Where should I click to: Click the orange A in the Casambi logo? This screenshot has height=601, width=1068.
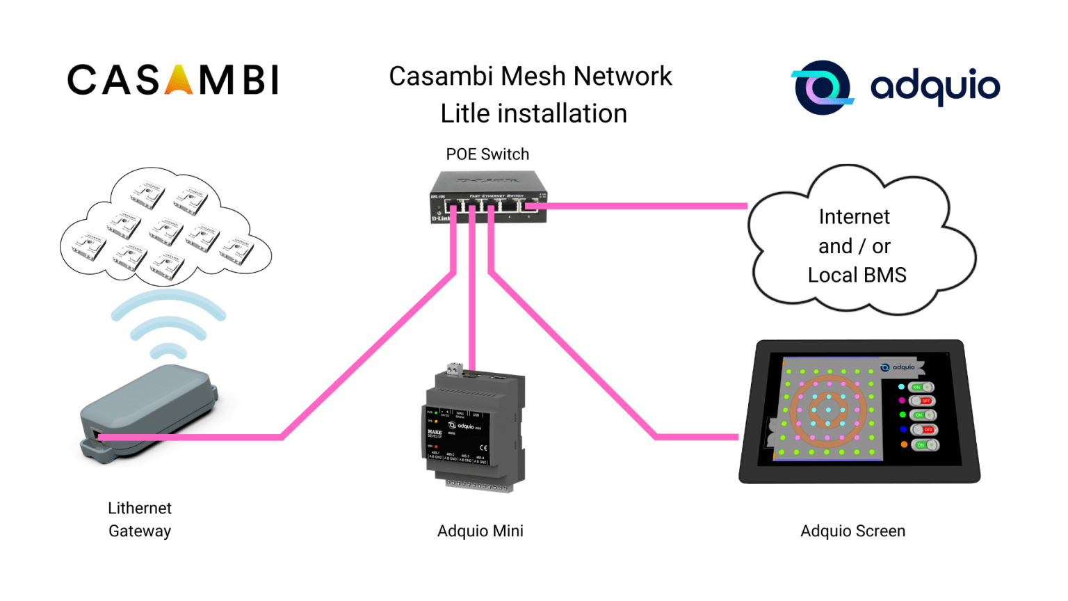click(x=179, y=80)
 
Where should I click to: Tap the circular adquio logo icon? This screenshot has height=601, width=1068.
click(x=822, y=88)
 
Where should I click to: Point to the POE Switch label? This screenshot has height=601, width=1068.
click(x=487, y=154)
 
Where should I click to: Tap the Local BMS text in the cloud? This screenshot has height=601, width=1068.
click(x=857, y=275)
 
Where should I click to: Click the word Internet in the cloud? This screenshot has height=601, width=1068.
click(x=854, y=217)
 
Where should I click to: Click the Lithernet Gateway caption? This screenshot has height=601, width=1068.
click(x=140, y=520)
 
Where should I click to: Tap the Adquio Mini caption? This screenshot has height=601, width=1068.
click(x=480, y=531)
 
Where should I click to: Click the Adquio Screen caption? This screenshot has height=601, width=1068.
click(x=852, y=531)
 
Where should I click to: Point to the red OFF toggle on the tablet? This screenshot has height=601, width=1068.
click(x=923, y=401)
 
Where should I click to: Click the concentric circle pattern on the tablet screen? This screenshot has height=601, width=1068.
click(x=827, y=410)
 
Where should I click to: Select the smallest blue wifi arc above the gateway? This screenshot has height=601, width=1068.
click(x=168, y=351)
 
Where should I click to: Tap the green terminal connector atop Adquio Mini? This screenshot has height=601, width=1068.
click(x=455, y=368)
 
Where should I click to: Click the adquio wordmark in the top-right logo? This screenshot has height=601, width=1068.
click(x=934, y=87)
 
